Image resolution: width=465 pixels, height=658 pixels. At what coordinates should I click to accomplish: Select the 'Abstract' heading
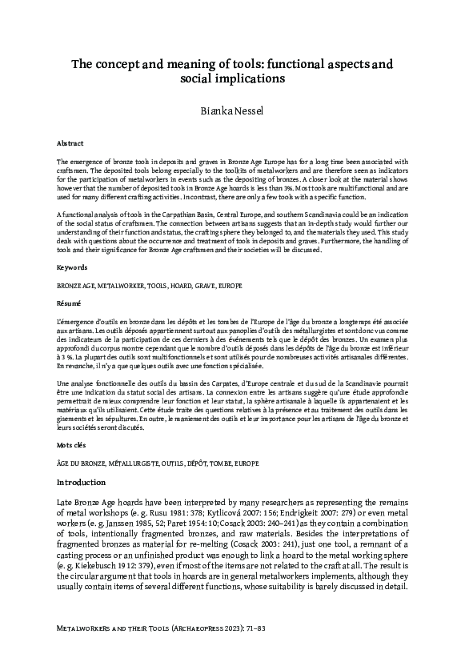point(70,142)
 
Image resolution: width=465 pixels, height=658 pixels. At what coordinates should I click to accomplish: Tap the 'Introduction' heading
point(81,483)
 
